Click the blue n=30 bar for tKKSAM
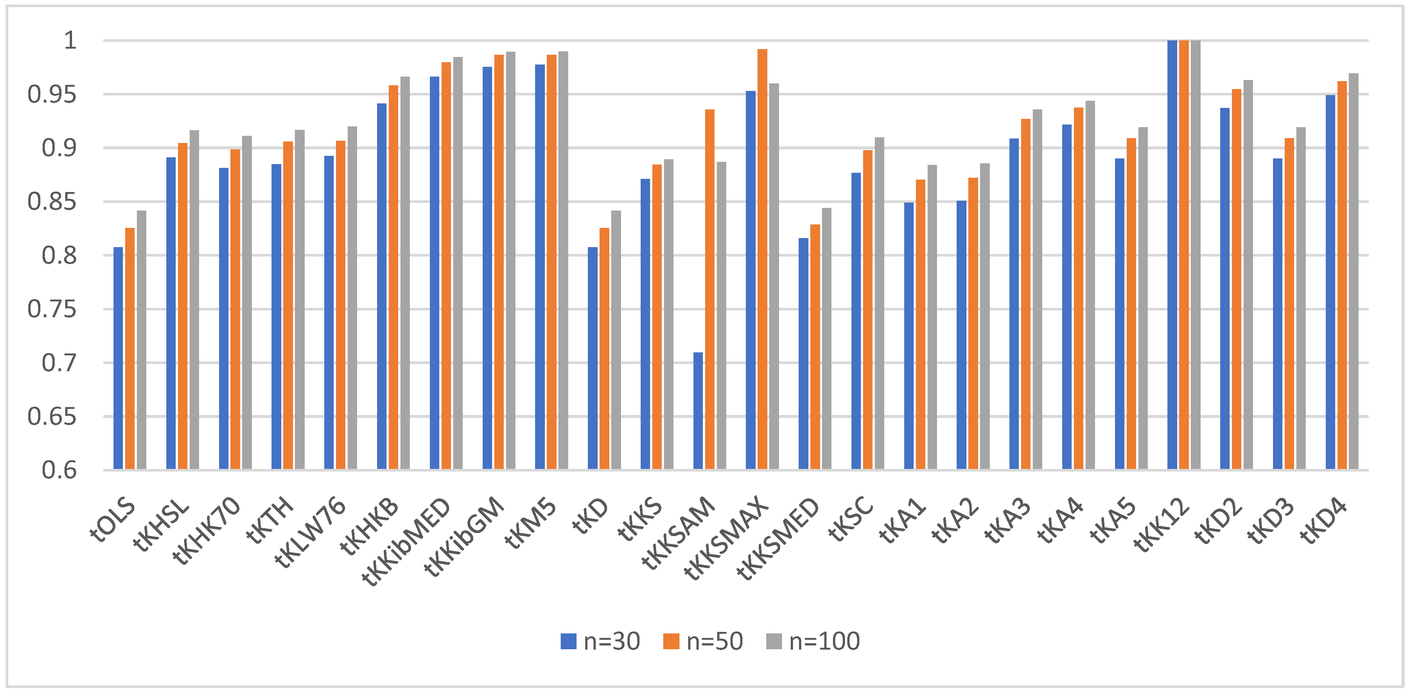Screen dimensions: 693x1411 [698, 410]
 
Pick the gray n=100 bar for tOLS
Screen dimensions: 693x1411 [141, 340]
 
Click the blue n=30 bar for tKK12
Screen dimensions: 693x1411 [1172, 255]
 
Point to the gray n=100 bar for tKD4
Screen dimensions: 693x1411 [1353, 271]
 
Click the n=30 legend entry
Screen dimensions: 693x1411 [600, 641]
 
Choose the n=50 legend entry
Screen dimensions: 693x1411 [703, 641]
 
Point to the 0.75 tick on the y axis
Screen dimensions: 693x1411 [52, 309]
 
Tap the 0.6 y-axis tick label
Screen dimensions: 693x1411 [59, 470]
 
